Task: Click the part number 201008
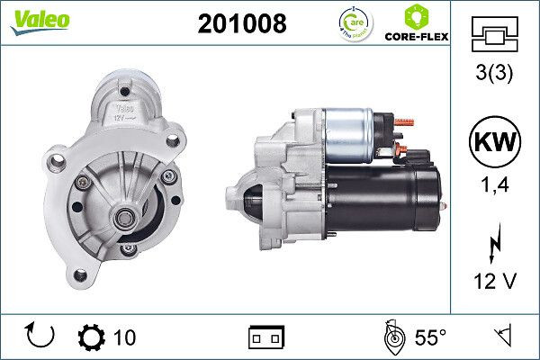(x=241, y=24)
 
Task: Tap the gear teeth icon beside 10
(x=93, y=337)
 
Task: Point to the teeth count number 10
(x=125, y=337)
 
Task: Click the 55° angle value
(x=430, y=337)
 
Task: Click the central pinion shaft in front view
(x=121, y=217)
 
